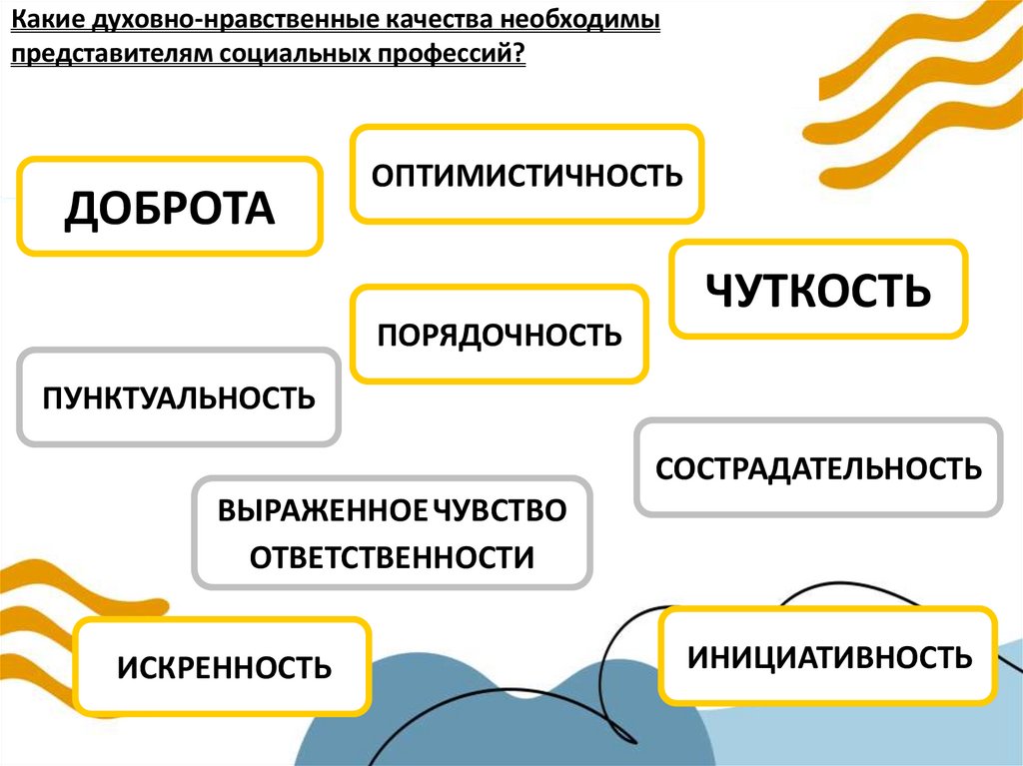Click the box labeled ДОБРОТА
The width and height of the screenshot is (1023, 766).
click(170, 207)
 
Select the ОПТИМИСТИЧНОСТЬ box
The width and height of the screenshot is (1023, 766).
click(526, 175)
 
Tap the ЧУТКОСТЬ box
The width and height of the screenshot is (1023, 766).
click(818, 290)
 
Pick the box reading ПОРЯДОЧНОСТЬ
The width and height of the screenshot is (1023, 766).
click(500, 334)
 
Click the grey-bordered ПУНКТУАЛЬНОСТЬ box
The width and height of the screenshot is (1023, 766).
click(179, 397)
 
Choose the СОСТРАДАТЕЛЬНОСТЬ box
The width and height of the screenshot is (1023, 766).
click(818, 467)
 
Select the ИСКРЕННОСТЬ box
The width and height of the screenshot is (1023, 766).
click(223, 666)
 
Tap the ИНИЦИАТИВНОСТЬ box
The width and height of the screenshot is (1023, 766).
click(828, 656)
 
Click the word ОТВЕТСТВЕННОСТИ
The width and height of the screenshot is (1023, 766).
click(392, 557)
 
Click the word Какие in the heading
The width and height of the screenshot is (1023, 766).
click(44, 21)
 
